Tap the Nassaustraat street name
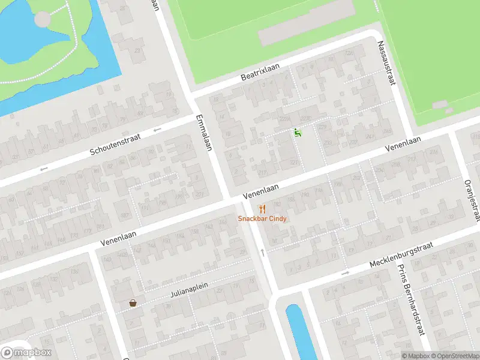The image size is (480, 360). click(385, 62)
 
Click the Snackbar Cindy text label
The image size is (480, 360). click(262, 219)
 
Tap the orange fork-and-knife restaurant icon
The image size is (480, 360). click(262, 209)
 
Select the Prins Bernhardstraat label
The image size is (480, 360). click(410, 301)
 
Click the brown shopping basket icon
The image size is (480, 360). click(132, 304)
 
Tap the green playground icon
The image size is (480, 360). click(297, 133)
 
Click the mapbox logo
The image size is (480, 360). click(26, 352)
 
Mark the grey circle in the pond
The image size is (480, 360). click(43, 19)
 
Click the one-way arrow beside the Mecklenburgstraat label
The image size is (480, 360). click(345, 274)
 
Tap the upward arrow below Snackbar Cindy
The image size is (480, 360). click(262, 252)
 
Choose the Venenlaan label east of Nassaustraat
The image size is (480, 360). click(403, 143)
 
